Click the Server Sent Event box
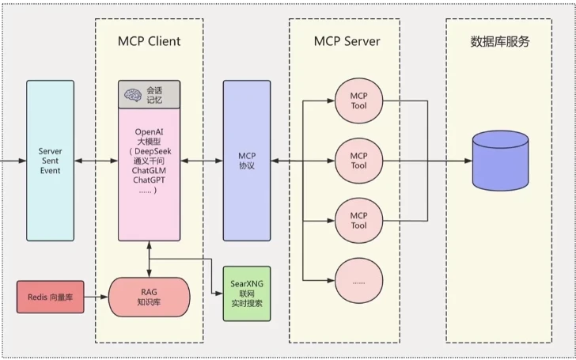click(x=50, y=159)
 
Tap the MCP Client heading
click(x=149, y=40)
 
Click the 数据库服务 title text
click(x=499, y=41)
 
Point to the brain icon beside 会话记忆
click(x=132, y=95)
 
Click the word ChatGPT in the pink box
click(x=149, y=180)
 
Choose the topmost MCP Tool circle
click(x=358, y=100)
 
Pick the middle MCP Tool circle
click(x=358, y=160)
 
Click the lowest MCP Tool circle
click(x=358, y=220)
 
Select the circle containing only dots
click(x=358, y=281)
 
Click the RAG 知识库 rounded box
click(x=149, y=297)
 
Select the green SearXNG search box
click(x=246, y=292)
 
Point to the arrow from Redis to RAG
click(x=96, y=297)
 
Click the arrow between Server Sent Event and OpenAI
click(x=96, y=161)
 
